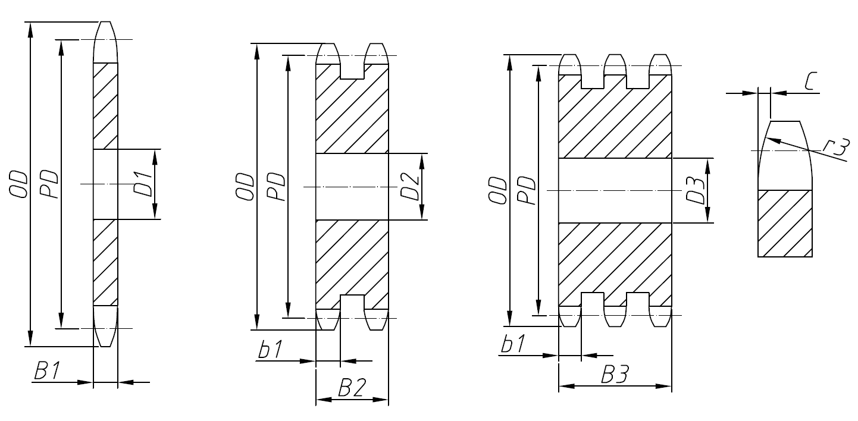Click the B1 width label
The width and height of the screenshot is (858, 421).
[x=47, y=372]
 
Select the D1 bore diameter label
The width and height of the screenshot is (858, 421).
[x=140, y=184]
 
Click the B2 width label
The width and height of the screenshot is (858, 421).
[x=352, y=389]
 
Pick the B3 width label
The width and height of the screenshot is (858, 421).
[x=615, y=376]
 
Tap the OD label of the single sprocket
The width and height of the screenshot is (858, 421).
[x=18, y=184]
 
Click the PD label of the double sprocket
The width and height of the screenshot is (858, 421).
[x=275, y=187]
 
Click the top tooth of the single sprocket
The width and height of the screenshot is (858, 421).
[x=105, y=42]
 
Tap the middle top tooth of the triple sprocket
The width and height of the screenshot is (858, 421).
[x=615, y=64]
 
